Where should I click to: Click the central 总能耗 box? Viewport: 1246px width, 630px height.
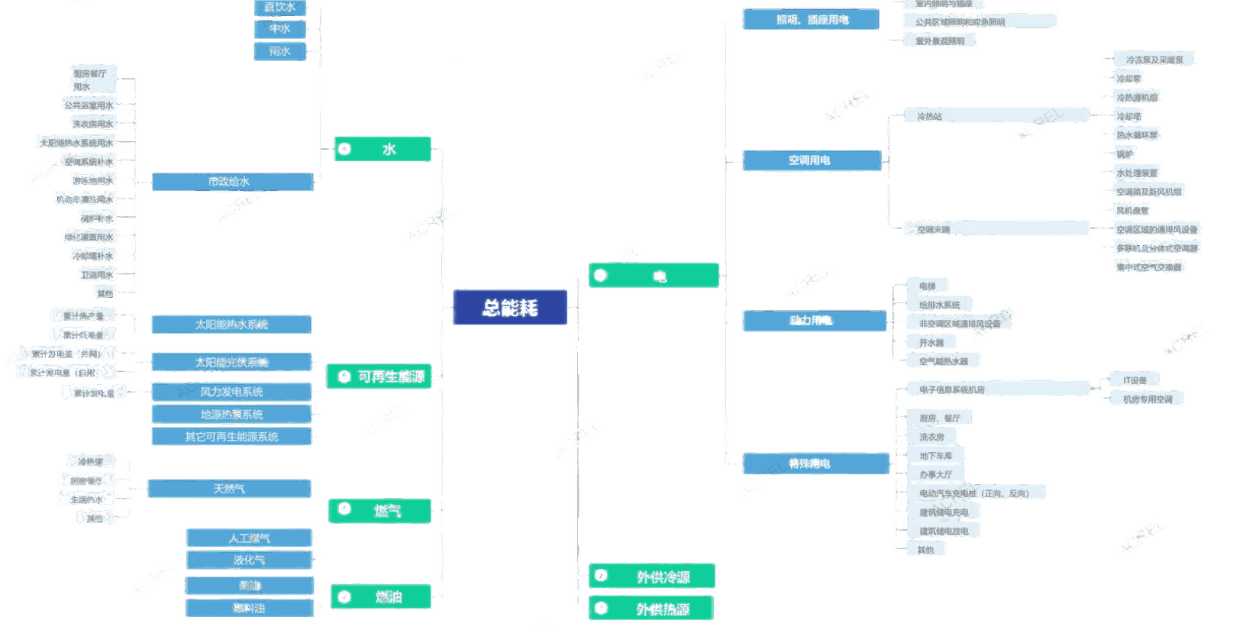[510, 308]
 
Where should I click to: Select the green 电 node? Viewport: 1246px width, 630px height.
[654, 276]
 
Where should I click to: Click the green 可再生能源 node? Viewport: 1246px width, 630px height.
[379, 376]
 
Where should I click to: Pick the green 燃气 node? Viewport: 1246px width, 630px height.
[380, 511]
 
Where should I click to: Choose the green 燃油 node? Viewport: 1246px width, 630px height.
[381, 596]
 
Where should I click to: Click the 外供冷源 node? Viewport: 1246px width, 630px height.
[652, 577]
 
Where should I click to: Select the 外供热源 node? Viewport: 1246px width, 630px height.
[652, 609]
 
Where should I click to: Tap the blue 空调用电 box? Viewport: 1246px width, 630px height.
[811, 160]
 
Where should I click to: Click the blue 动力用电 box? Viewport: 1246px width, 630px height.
[812, 321]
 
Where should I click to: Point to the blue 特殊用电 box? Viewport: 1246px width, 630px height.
[814, 464]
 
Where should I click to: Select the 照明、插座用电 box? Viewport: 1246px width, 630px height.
[811, 20]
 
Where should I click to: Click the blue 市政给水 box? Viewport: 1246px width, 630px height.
[232, 182]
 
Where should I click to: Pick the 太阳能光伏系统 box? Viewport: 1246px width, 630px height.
[231, 362]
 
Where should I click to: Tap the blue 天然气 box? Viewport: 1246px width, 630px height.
[229, 489]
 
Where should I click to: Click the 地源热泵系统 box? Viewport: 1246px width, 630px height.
[231, 415]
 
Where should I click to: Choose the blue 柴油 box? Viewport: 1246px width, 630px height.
[249, 586]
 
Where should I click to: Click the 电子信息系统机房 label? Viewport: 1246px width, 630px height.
[952, 390]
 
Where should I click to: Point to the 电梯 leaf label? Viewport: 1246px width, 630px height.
[928, 286]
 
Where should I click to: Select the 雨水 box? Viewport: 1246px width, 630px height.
[279, 51]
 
